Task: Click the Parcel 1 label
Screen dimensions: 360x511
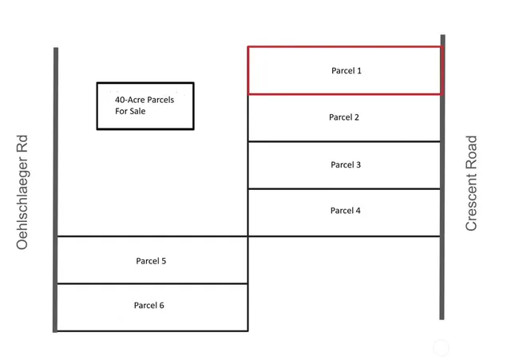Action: (347, 71)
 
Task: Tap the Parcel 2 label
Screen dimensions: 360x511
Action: (344, 117)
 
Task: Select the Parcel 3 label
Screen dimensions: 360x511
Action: (346, 165)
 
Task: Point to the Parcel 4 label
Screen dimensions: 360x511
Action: (346, 211)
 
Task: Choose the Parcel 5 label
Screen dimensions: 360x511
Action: (151, 261)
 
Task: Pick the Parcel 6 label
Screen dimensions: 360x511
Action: (149, 306)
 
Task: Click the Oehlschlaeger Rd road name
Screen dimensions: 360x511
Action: (22, 192)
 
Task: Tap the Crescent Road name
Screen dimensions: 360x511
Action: (471, 184)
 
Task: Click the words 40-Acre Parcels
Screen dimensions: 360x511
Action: (145, 100)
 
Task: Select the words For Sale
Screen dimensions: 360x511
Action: (131, 112)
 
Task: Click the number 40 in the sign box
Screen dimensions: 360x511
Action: (120, 100)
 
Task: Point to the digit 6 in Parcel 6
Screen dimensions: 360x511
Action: (162, 306)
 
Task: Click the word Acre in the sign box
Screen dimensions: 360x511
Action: (137, 100)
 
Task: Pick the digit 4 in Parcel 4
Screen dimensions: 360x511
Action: (358, 211)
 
